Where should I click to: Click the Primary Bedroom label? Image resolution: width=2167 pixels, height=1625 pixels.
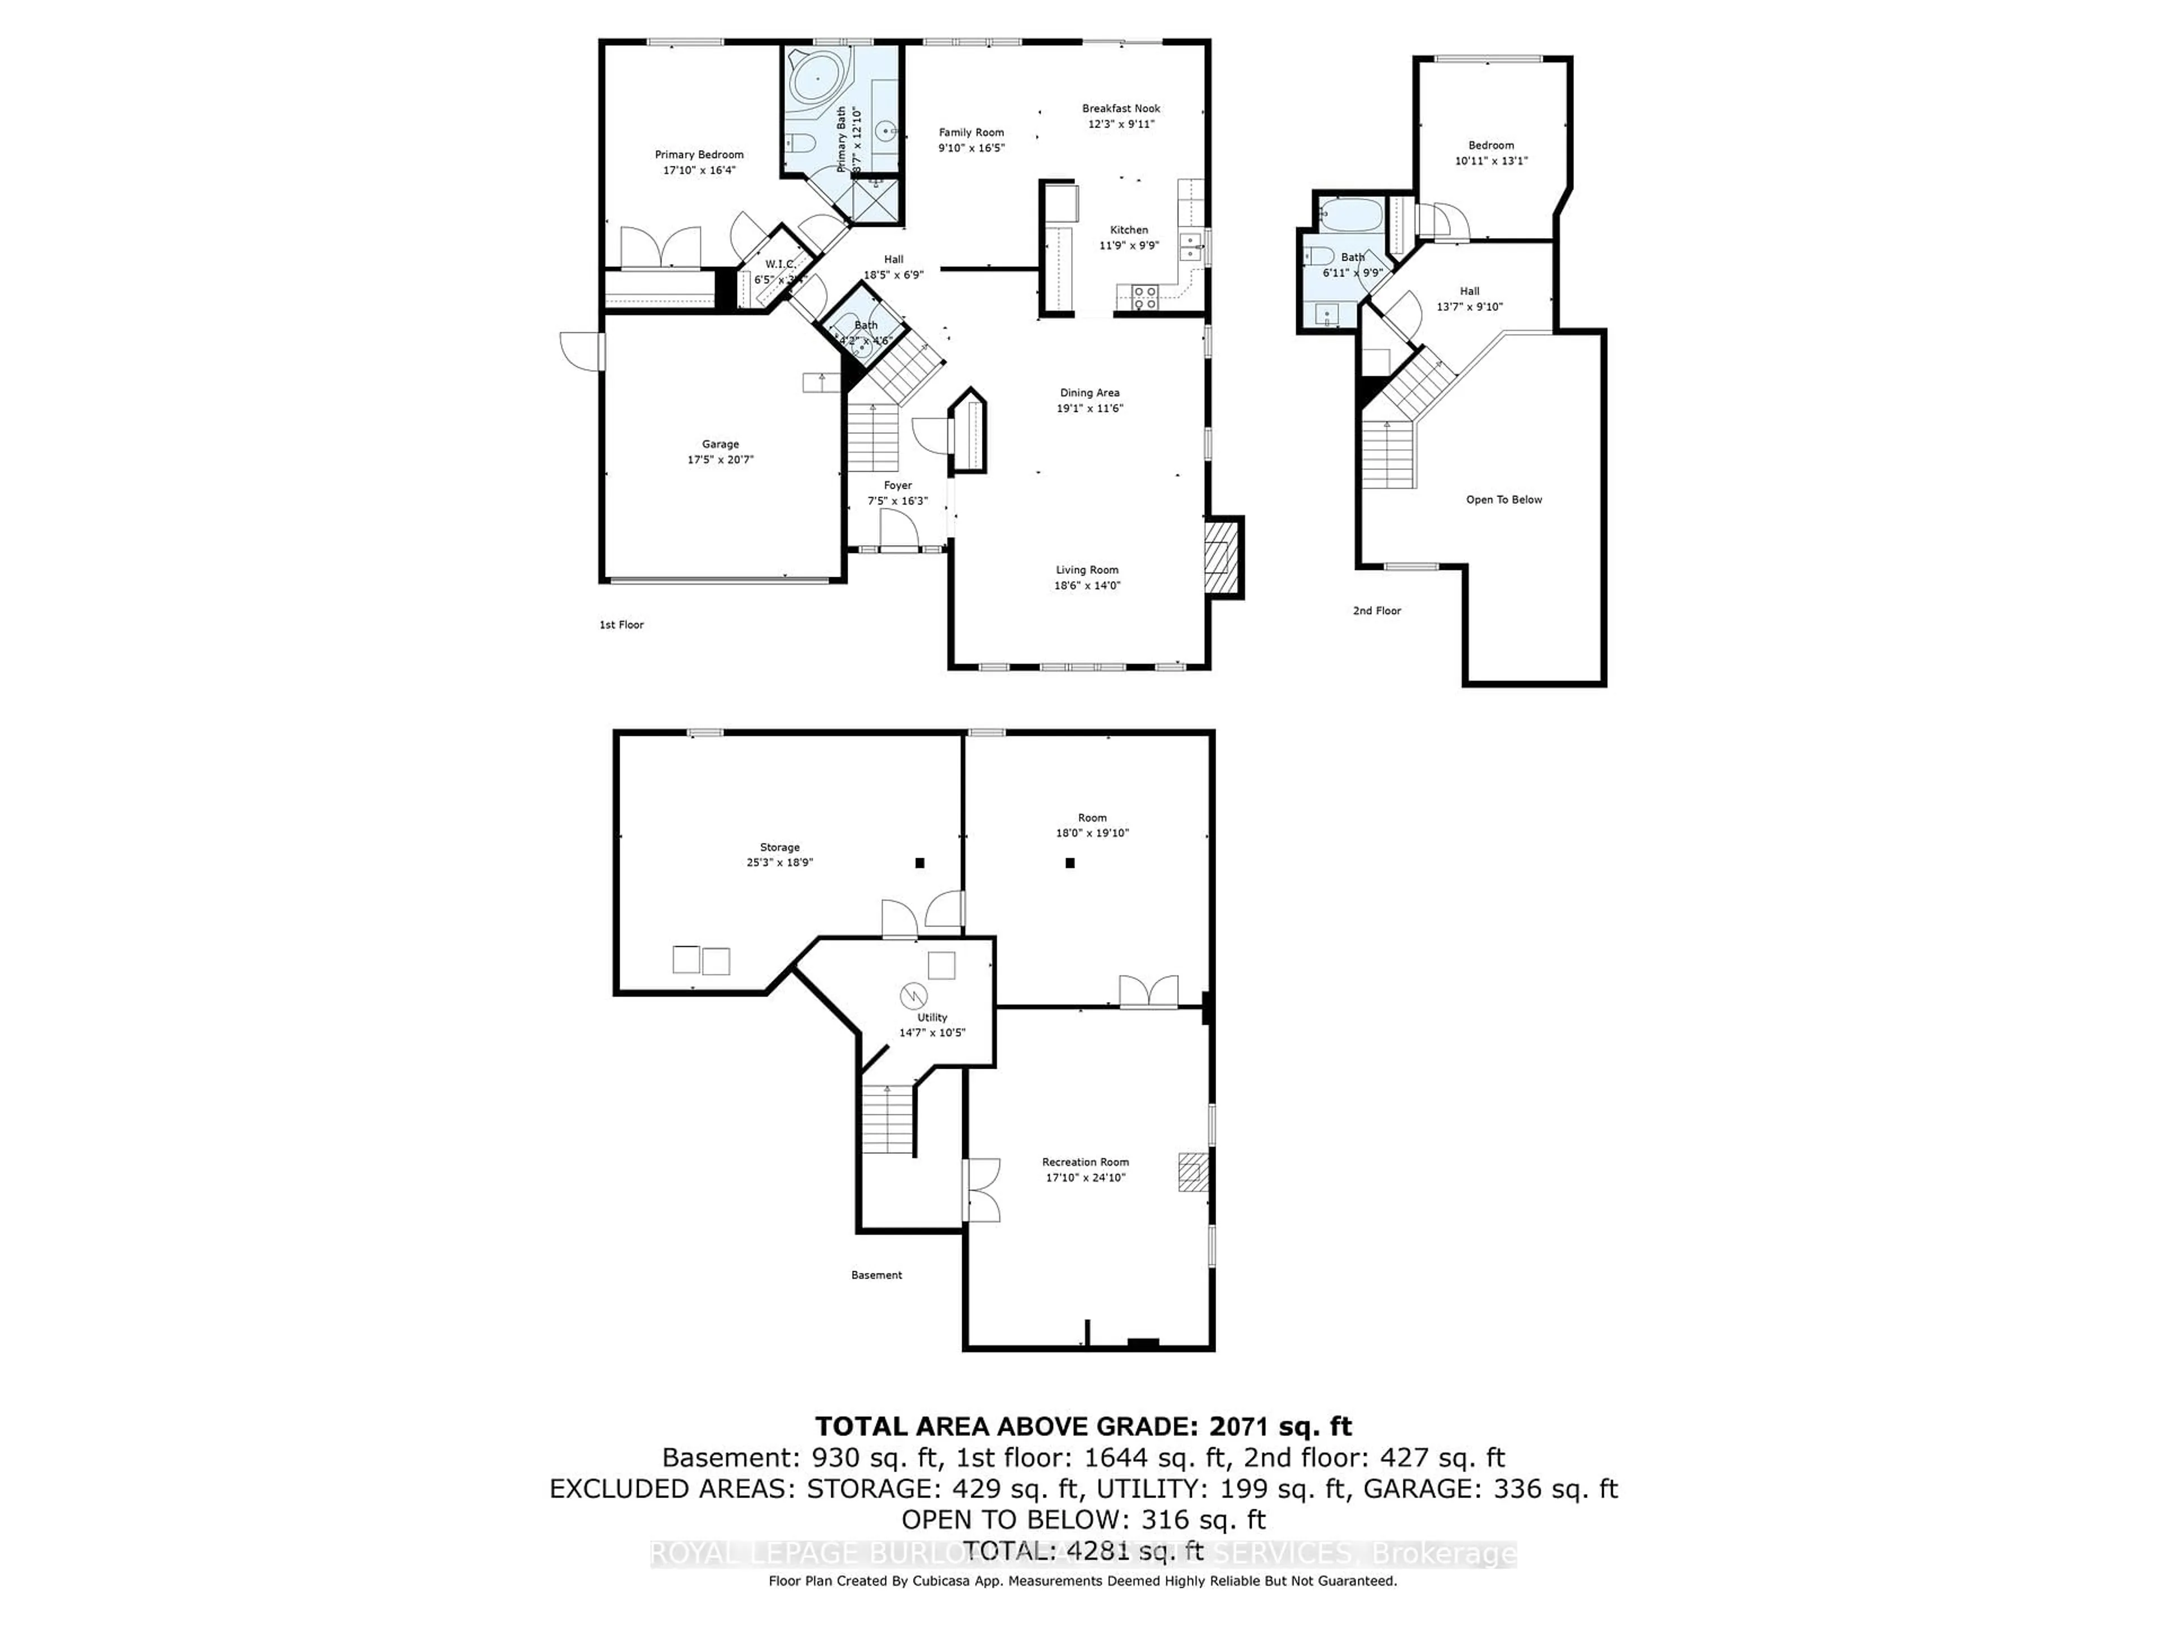coord(699,155)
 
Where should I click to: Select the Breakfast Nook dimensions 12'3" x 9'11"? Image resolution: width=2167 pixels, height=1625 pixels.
coord(1121,124)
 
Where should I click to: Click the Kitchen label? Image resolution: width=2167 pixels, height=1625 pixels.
coord(1129,230)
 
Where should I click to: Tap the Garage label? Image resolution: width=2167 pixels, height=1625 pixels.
coord(720,445)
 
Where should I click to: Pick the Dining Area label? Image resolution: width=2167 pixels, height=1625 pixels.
coord(1089,393)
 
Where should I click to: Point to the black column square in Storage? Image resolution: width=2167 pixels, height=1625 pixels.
coord(919,863)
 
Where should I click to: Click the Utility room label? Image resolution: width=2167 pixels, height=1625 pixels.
coord(932,1018)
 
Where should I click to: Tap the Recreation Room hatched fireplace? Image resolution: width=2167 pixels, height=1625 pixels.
coord(1192,1171)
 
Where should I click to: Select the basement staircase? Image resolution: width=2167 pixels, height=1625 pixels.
coord(888,1118)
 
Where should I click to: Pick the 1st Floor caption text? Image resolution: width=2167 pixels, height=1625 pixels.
coord(621,625)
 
